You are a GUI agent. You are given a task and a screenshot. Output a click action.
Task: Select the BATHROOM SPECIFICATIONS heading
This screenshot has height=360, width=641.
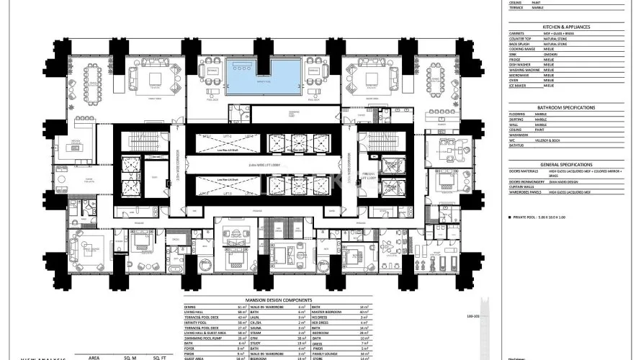coord(566,107)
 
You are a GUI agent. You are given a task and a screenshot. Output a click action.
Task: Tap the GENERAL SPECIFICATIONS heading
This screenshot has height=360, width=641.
coord(566,165)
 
